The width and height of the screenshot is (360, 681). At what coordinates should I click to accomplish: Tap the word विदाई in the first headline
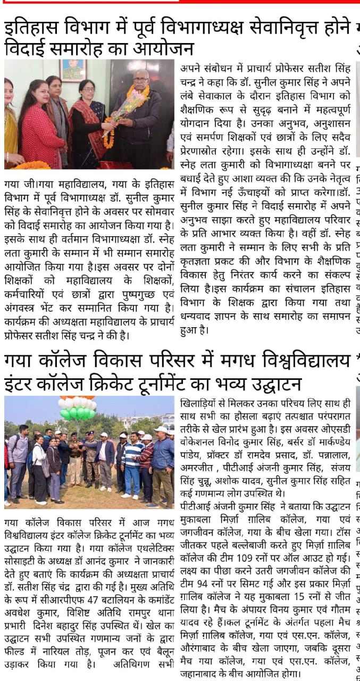[27, 49]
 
